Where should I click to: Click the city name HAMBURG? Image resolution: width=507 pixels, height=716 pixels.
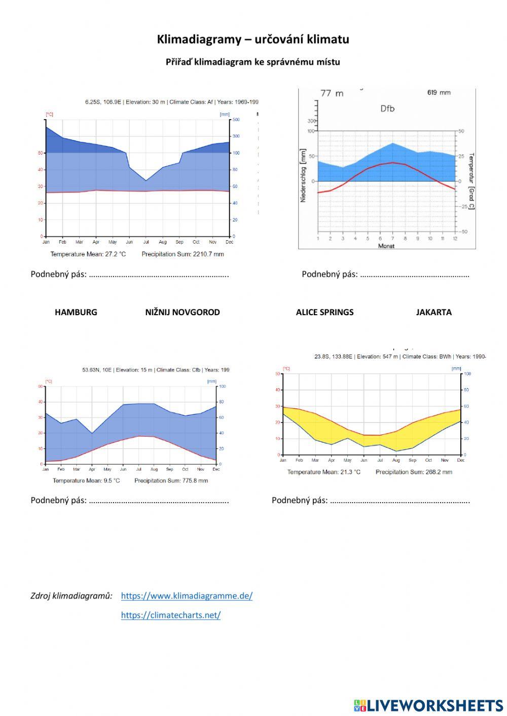click(76, 312)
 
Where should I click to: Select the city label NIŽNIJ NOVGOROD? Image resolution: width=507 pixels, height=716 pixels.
click(183, 312)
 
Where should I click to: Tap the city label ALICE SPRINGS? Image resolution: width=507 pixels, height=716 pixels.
click(324, 312)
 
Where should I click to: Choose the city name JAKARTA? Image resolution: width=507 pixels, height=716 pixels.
click(433, 312)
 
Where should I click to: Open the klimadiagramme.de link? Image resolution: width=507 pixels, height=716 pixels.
click(187, 596)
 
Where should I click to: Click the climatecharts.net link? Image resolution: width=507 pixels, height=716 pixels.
click(170, 615)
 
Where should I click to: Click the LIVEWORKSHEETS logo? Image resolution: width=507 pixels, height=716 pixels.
click(428, 705)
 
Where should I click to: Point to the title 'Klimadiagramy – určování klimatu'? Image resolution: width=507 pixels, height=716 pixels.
click(253, 40)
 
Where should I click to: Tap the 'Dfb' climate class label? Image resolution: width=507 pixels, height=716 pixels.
click(387, 108)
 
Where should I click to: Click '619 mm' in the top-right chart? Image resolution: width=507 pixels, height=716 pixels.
click(439, 93)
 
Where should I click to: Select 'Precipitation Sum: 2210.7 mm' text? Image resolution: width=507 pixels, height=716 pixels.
click(183, 254)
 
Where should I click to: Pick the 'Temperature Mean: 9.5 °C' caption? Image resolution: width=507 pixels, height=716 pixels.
click(86, 480)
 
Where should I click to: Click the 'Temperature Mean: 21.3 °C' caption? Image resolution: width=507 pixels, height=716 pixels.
click(323, 472)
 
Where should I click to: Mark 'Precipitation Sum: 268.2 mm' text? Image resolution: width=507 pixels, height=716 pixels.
click(414, 472)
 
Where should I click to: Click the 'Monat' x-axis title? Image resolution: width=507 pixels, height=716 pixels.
click(386, 246)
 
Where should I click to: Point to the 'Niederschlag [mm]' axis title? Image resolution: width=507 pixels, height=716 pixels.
click(303, 175)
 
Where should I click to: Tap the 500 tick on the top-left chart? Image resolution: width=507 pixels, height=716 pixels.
click(235, 120)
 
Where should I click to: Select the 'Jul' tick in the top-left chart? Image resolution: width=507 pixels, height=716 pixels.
click(146, 242)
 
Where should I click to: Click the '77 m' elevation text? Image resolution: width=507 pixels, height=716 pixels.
click(332, 93)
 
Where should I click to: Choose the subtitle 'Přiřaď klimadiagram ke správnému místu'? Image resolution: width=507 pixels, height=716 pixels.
click(253, 62)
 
